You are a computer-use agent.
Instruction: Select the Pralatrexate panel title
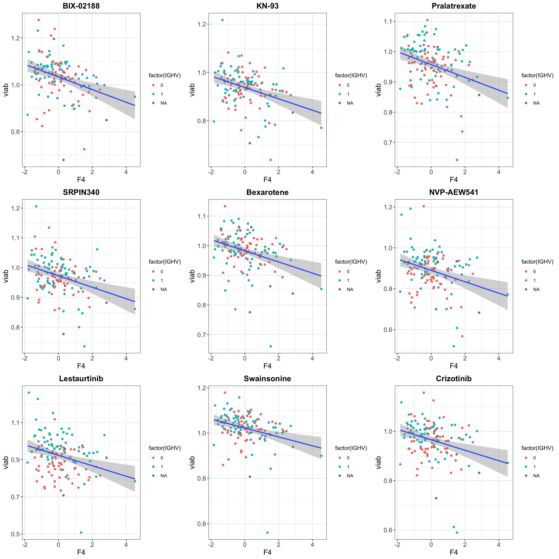click(454, 6)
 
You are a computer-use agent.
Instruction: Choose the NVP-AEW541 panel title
click(454, 192)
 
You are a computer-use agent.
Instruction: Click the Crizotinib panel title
click(454, 379)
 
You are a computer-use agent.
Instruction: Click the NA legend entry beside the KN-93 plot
click(350, 103)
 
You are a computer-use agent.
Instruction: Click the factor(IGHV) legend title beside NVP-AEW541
click(537, 262)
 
